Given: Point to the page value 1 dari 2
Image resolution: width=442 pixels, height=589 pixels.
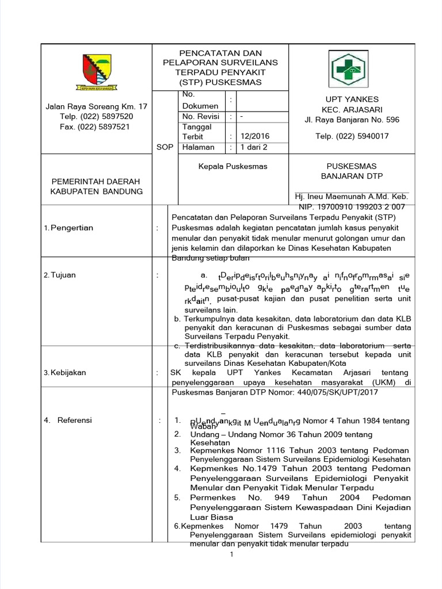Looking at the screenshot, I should (254, 147).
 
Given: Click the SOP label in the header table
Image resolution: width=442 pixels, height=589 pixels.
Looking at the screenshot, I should (165, 147).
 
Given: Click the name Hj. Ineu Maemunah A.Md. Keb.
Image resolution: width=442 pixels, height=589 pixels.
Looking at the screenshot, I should (351, 197).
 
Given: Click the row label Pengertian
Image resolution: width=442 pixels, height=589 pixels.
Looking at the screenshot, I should (72, 228).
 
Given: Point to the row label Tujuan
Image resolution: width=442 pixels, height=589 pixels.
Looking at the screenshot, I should (64, 276).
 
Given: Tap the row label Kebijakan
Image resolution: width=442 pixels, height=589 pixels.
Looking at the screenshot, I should (68, 372).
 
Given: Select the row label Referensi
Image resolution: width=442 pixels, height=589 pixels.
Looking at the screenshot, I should (74, 420).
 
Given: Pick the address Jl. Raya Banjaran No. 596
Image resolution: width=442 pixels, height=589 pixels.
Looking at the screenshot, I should (352, 120).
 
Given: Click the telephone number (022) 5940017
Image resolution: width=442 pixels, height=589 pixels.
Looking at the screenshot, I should (352, 136).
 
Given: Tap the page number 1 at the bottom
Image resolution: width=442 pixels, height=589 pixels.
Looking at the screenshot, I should (231, 554).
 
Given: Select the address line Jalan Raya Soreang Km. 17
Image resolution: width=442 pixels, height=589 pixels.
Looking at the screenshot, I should (96, 106).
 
